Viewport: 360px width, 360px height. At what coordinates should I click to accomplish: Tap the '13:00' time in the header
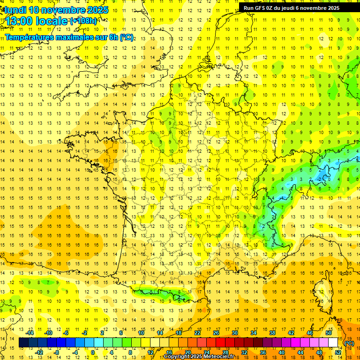(x=19, y=21)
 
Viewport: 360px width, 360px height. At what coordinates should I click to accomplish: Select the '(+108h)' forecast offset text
(x=83, y=21)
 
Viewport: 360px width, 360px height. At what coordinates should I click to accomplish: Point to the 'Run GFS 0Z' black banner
(x=296, y=7)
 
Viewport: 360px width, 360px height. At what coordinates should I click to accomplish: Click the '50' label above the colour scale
(x=329, y=333)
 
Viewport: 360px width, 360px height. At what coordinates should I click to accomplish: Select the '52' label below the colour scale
(x=338, y=352)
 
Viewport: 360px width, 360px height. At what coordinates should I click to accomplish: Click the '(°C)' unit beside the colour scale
(x=349, y=343)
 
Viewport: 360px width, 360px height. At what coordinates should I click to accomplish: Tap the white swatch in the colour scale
(x=333, y=343)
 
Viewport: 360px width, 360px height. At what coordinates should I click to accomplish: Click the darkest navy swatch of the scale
(x=24, y=343)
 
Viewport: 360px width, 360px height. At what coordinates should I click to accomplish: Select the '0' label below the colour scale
(x=93, y=352)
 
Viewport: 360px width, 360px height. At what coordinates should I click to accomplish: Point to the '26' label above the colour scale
(x=216, y=333)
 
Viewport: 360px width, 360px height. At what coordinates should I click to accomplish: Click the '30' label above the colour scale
(x=235, y=333)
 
